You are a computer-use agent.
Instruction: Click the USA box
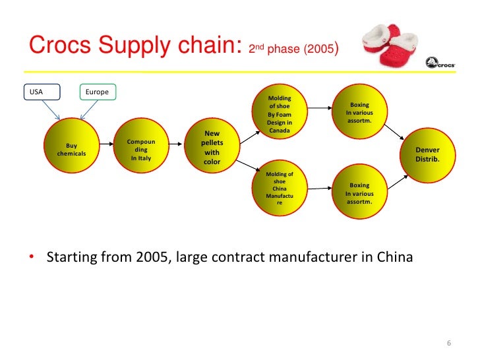[x=42, y=92]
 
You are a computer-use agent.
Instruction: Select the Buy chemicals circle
[x=71, y=150]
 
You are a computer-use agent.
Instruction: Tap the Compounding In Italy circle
[x=141, y=150]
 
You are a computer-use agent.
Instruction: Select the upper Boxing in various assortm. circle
[x=359, y=113]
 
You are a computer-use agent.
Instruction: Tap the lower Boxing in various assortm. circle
[x=359, y=193]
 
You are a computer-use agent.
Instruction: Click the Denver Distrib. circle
[x=427, y=154]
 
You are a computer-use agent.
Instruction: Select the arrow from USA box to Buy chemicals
[x=51, y=111]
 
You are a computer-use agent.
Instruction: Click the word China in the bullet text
[x=396, y=256]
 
